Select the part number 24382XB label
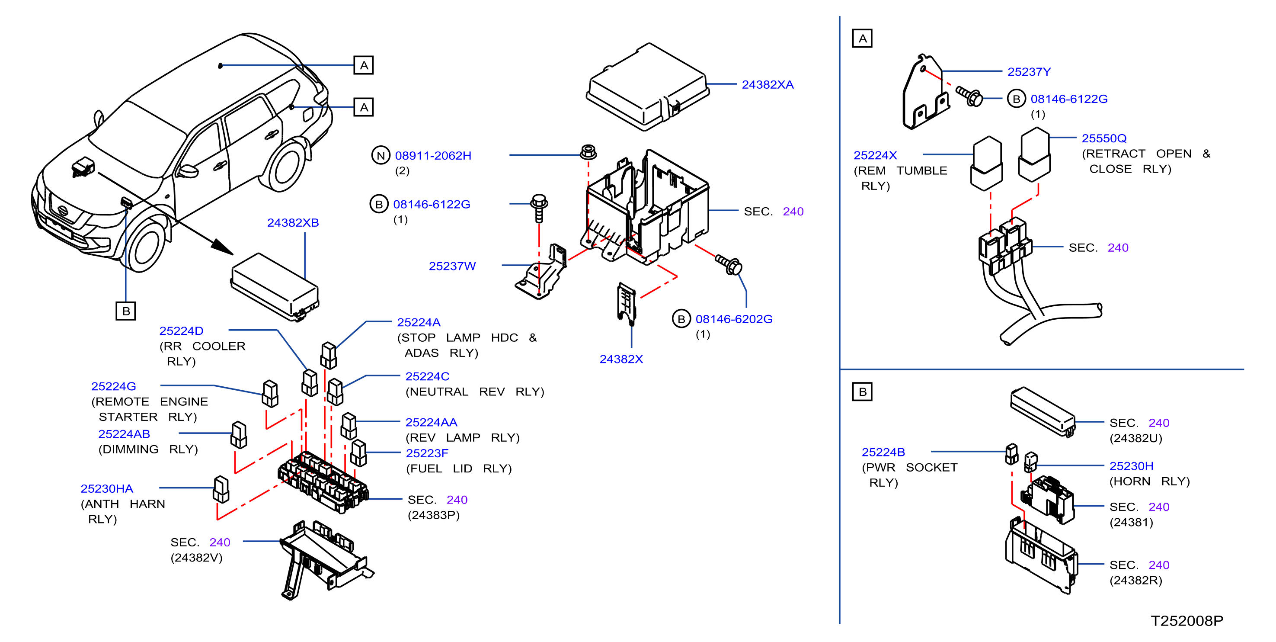tap(293, 223)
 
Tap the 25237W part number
tap(452, 266)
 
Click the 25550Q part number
tap(1103, 138)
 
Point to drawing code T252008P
tap(1186, 621)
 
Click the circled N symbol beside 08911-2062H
tap(381, 156)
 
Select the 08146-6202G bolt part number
tap(734, 319)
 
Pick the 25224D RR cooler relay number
tap(181, 331)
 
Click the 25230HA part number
tap(107, 489)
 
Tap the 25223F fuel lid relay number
tap(427, 453)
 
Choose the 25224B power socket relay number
tap(883, 452)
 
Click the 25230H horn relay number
tap(1131, 466)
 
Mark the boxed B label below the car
tap(126, 311)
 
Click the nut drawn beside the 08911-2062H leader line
tap(588, 151)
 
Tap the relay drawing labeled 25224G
tap(270, 394)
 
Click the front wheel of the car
tap(146, 246)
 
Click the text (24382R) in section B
tap(1135, 580)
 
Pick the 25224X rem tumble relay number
tap(875, 155)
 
